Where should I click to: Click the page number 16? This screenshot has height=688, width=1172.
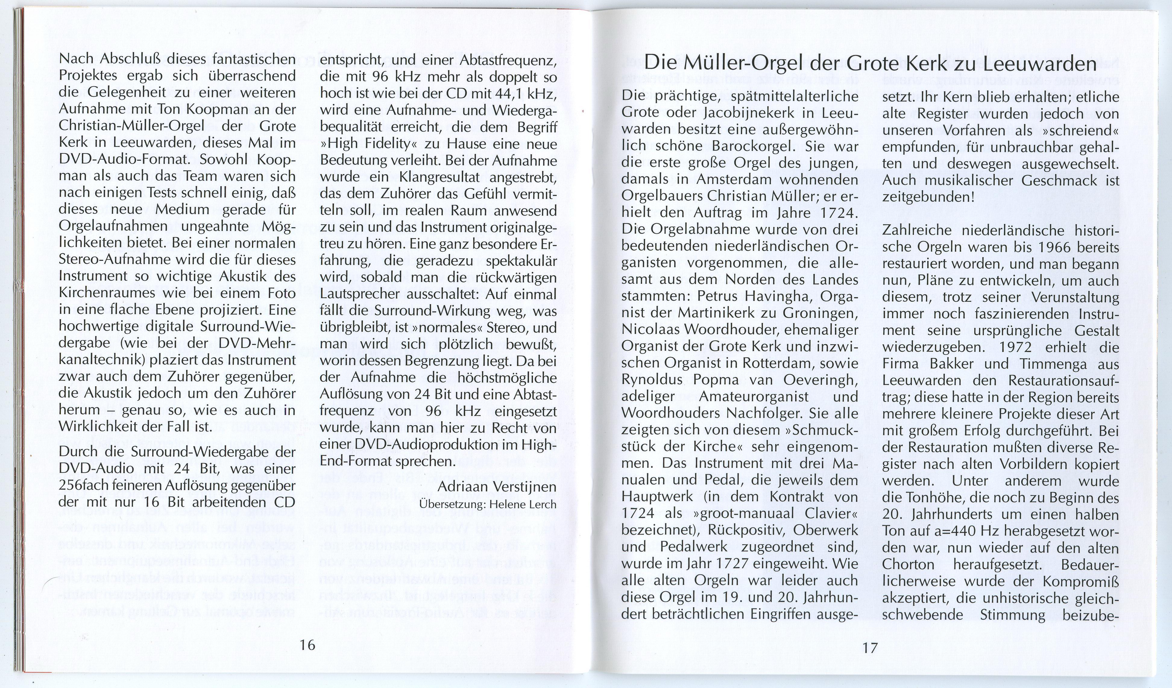tap(307, 645)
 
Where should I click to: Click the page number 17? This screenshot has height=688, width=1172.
tap(870, 648)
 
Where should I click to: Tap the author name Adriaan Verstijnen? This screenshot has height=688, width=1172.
tap(497, 487)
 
